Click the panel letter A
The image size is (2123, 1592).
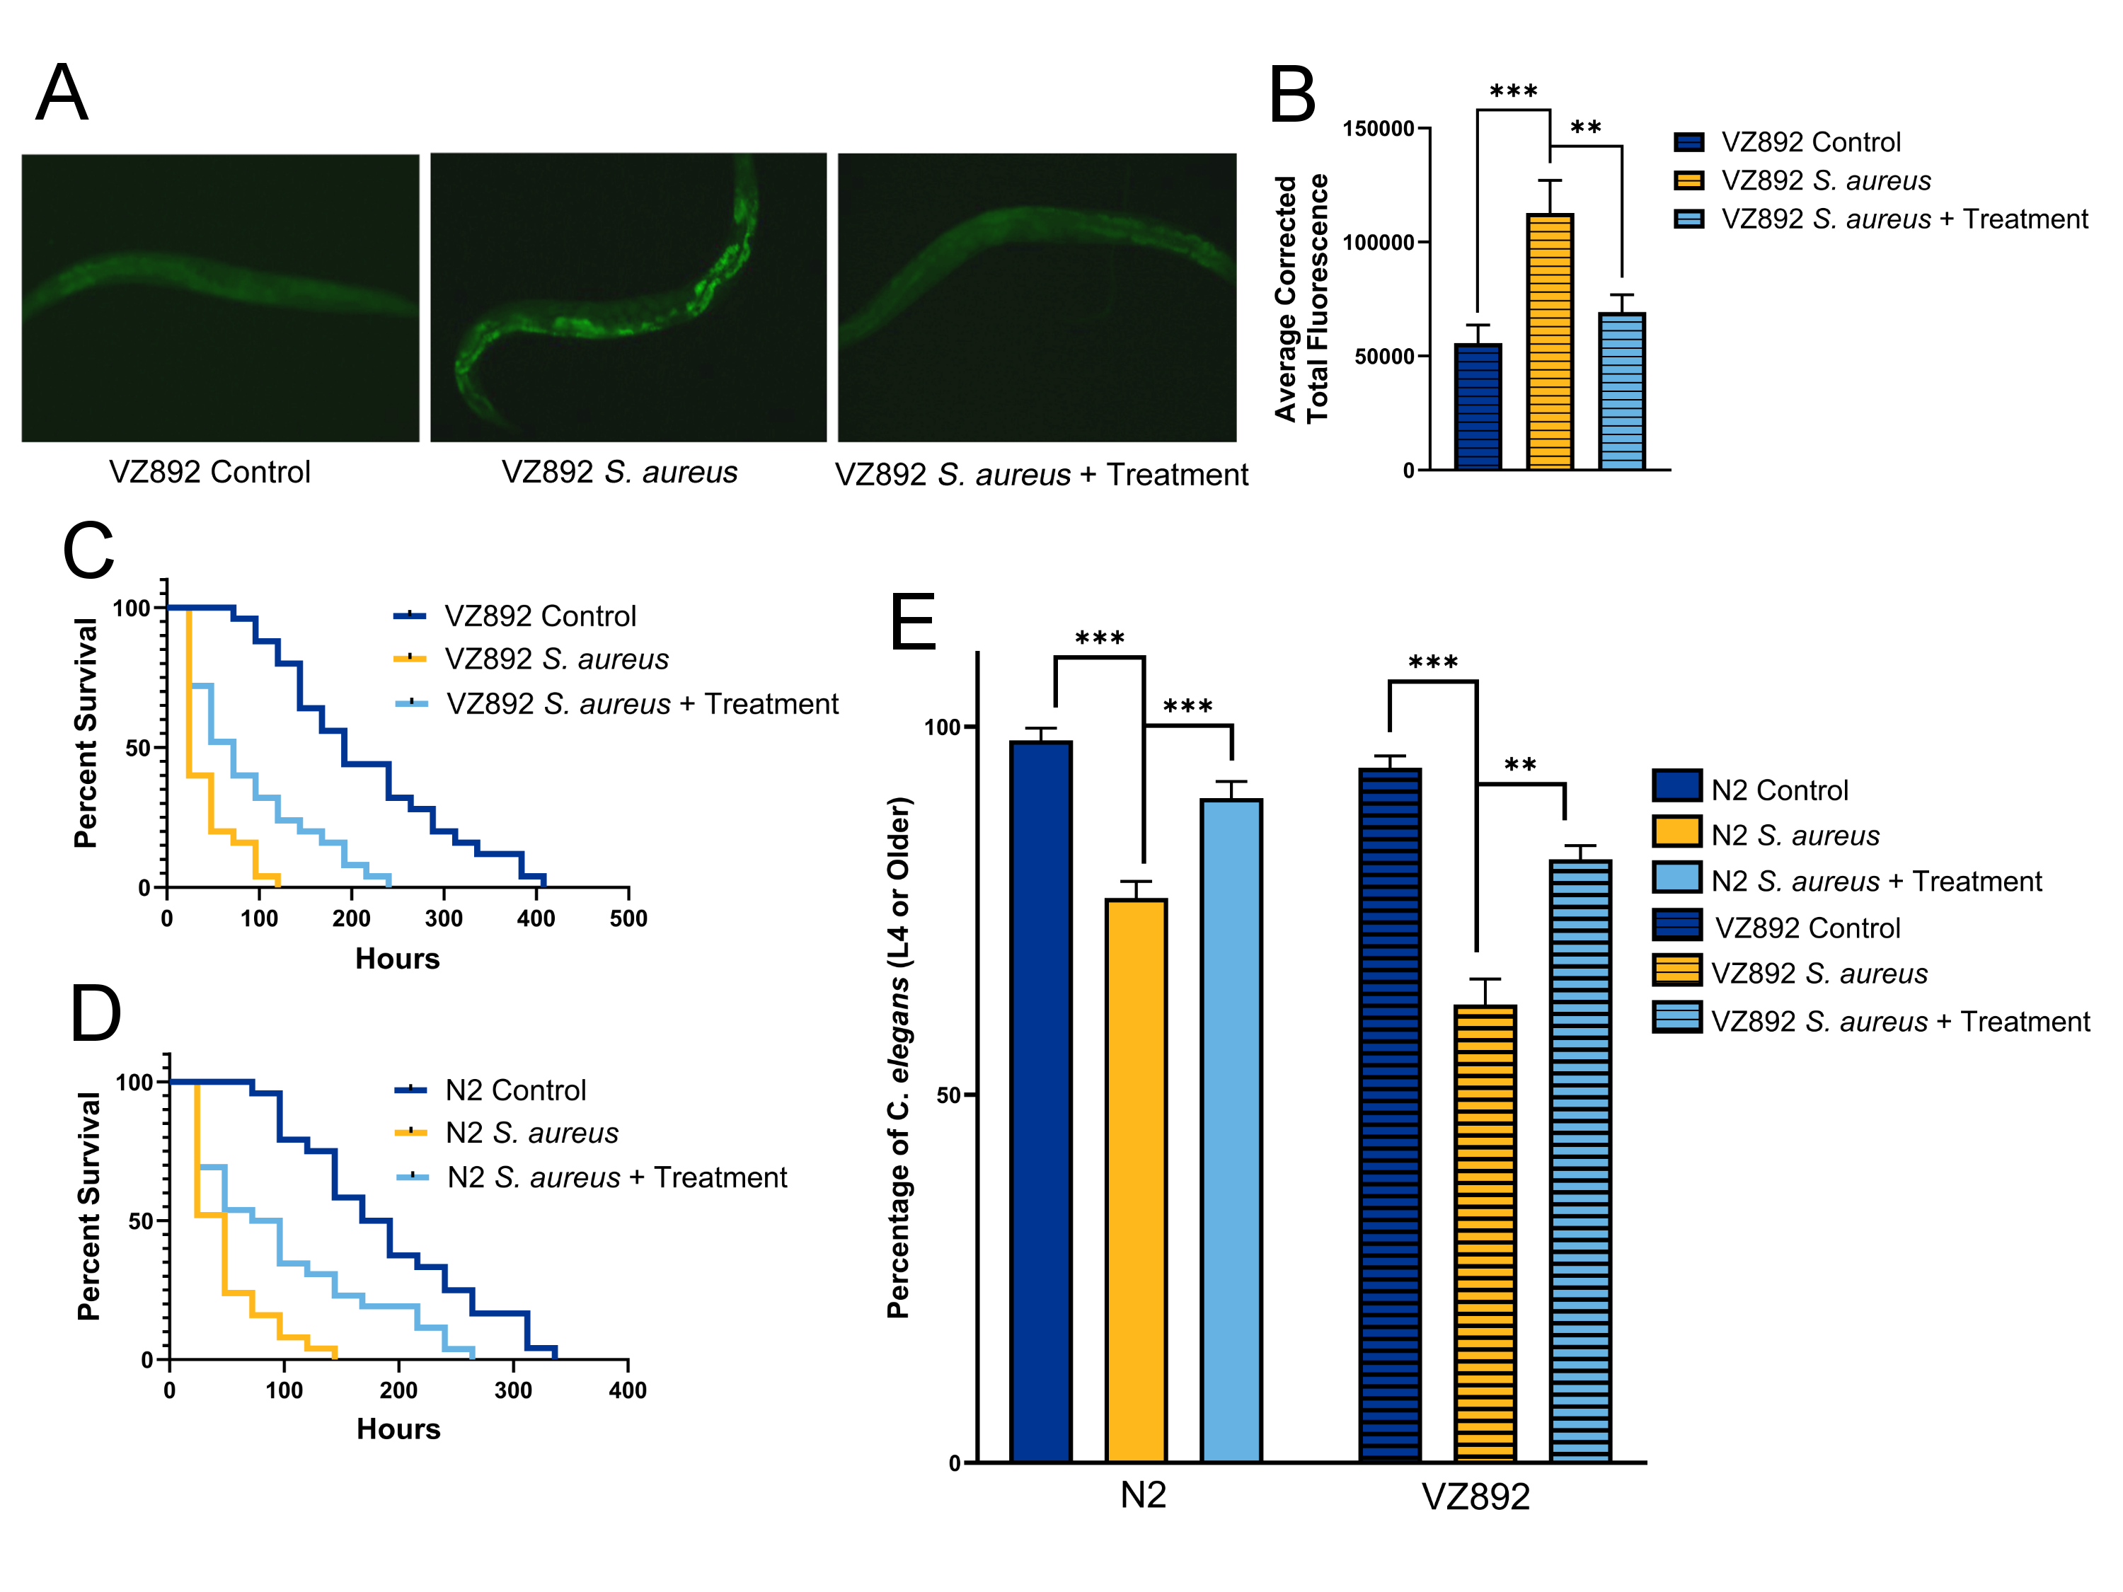point(62,93)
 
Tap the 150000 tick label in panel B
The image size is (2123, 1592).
point(1379,129)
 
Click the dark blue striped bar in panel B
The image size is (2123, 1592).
point(1477,406)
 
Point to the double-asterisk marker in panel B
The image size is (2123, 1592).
point(1586,127)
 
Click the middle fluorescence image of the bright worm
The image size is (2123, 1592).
point(628,297)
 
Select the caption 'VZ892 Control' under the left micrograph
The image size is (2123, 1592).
point(209,472)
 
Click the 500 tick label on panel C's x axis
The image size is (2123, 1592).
point(628,918)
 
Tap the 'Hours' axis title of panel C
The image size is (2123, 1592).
point(397,959)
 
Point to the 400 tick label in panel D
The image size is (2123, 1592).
point(628,1390)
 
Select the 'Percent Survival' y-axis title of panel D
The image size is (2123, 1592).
point(88,1206)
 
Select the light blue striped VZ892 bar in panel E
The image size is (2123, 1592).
point(1580,1160)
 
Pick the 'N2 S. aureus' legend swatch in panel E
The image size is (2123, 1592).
point(1676,832)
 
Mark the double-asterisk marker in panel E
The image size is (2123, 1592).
point(1519,765)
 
